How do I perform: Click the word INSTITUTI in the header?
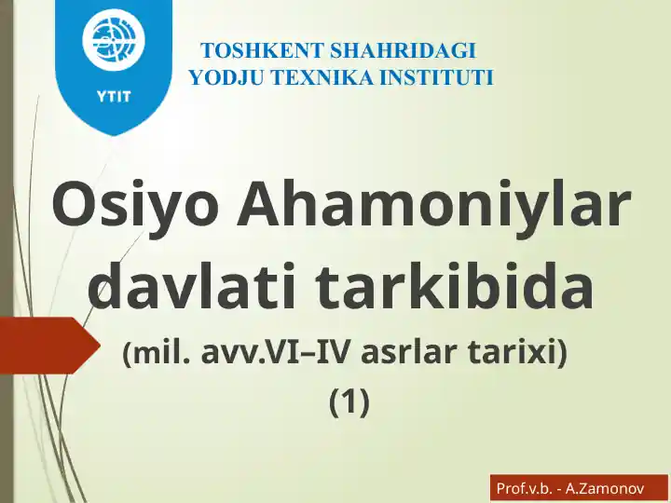436,77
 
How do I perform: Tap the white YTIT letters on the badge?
114,94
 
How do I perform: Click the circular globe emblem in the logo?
114,41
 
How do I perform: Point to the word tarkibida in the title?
456,287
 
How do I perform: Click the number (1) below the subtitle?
349,401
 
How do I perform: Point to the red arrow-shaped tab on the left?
47,345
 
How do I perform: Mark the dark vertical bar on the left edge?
6,251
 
